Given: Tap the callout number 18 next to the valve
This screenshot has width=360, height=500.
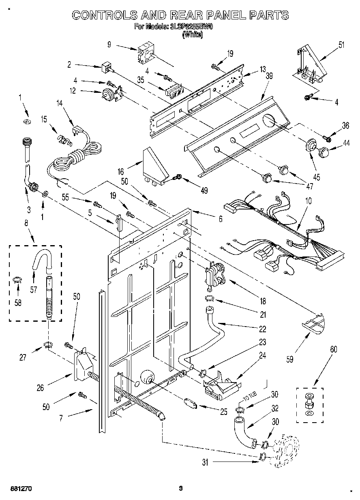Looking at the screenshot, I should click(263, 301).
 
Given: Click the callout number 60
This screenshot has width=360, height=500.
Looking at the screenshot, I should click(333, 349).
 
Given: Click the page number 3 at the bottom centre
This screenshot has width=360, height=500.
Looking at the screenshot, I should click(181, 489).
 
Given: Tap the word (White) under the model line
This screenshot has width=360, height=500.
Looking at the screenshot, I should click(193, 35).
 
